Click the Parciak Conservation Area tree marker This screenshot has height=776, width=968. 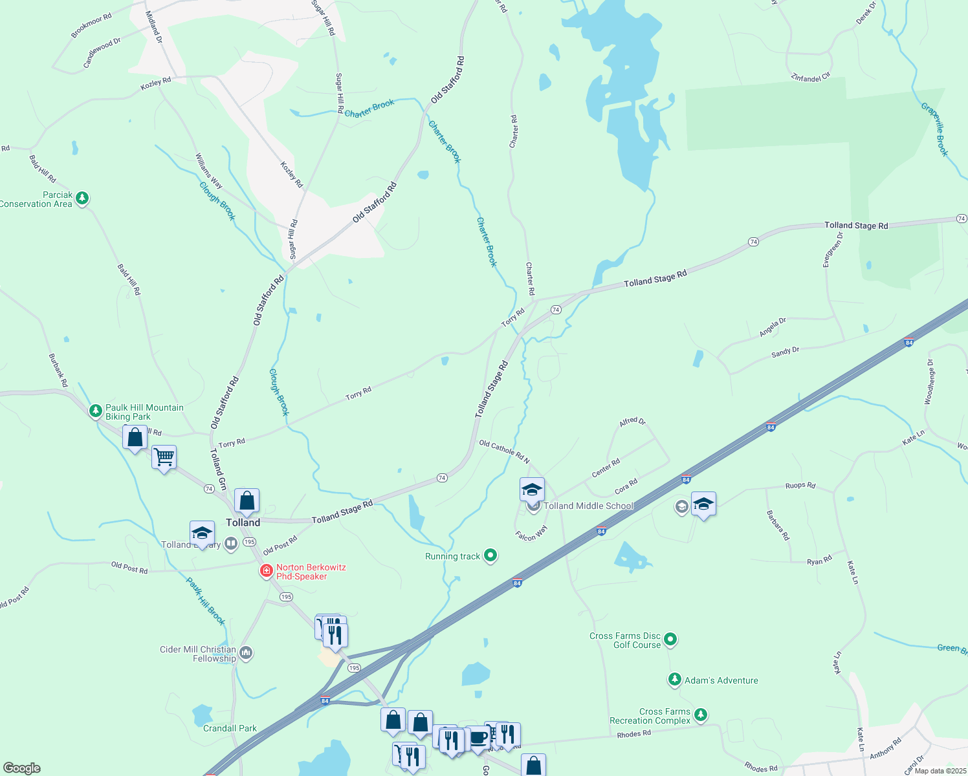pyautogui.click(x=82, y=198)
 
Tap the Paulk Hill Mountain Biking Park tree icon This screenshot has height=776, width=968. pyautogui.click(x=96, y=411)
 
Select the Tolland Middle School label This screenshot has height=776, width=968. pyautogui.click(x=588, y=506)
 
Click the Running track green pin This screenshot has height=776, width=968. pyautogui.click(x=490, y=555)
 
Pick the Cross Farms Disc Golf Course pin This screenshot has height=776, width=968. pyautogui.click(x=670, y=640)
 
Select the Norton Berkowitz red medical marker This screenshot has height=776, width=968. pyautogui.click(x=265, y=571)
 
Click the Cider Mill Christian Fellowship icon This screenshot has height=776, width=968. pyautogui.click(x=245, y=652)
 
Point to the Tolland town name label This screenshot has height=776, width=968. pyautogui.click(x=243, y=523)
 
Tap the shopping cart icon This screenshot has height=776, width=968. pyautogui.click(x=164, y=457)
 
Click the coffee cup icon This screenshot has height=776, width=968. pyautogui.click(x=478, y=737)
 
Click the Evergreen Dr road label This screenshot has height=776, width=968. pyautogui.click(x=833, y=250)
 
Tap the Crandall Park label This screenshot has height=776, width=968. pyautogui.click(x=230, y=728)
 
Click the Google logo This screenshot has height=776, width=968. pyautogui.click(x=21, y=768)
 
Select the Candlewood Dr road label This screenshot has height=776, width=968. pyautogui.click(x=102, y=53)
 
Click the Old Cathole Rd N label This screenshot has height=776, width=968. pyautogui.click(x=504, y=451)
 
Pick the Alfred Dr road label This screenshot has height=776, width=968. pyautogui.click(x=632, y=422)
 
